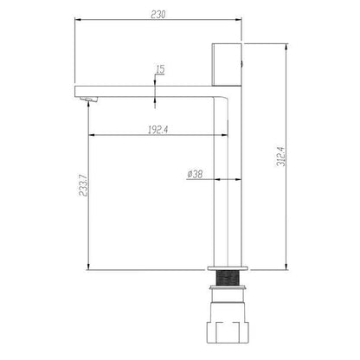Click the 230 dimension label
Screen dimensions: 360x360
(x=158, y=15)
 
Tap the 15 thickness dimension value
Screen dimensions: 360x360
(x=160, y=69)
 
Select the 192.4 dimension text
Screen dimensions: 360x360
(x=157, y=130)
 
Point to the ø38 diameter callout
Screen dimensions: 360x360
(x=195, y=174)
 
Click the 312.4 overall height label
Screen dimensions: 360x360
(x=281, y=156)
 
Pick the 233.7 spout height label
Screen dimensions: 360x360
(x=83, y=186)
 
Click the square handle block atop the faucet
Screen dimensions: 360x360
(x=227, y=65)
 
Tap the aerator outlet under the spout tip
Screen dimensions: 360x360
(x=89, y=100)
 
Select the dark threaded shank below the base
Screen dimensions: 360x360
(x=228, y=278)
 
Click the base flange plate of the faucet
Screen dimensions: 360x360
(x=228, y=268)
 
